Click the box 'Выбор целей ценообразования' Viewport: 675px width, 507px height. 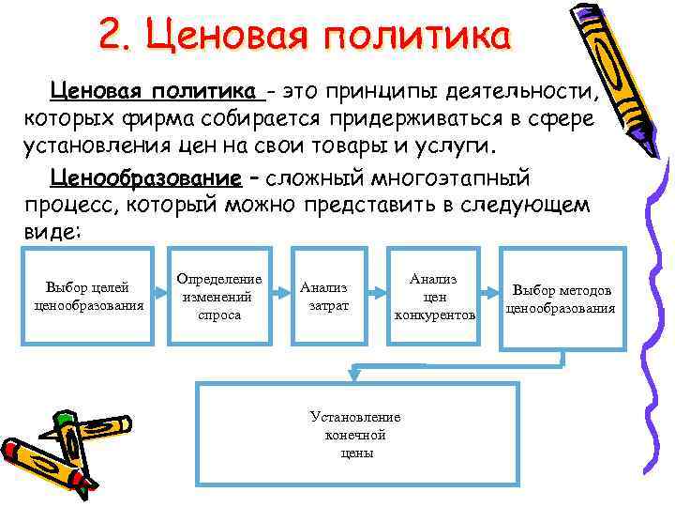click(x=87, y=295)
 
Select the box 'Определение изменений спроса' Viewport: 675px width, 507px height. click(x=219, y=295)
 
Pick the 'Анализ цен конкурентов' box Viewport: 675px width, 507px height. click(x=434, y=295)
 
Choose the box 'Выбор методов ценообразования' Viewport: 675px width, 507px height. click(x=561, y=295)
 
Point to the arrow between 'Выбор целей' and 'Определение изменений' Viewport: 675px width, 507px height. click(x=159, y=294)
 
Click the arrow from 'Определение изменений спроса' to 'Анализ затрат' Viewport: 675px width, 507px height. click(x=281, y=294)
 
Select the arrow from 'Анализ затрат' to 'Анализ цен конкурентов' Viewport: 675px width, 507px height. click(x=375, y=294)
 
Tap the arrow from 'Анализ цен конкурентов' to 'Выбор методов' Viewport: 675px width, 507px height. click(x=488, y=294)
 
